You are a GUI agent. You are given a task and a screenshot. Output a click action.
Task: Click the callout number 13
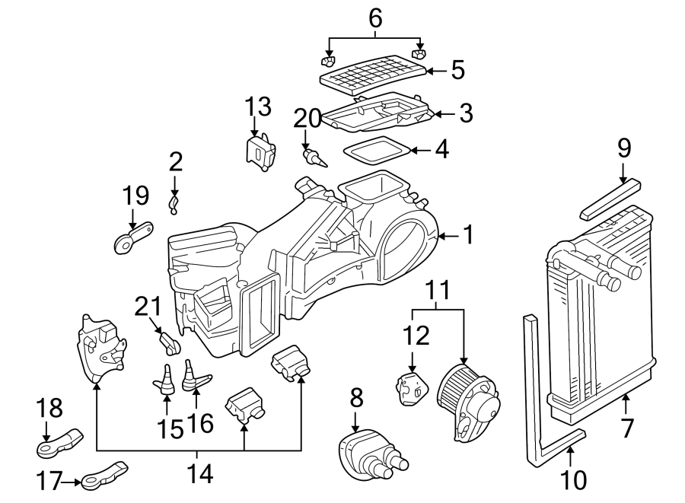[258, 107]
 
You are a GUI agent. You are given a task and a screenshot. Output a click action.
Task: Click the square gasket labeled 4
[375, 150]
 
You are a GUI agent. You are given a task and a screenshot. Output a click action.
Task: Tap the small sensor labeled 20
[313, 157]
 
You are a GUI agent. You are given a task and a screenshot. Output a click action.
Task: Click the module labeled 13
[260, 149]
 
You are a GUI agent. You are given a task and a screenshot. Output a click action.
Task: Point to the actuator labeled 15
[166, 378]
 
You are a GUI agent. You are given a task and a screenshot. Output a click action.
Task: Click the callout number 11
[438, 291]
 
